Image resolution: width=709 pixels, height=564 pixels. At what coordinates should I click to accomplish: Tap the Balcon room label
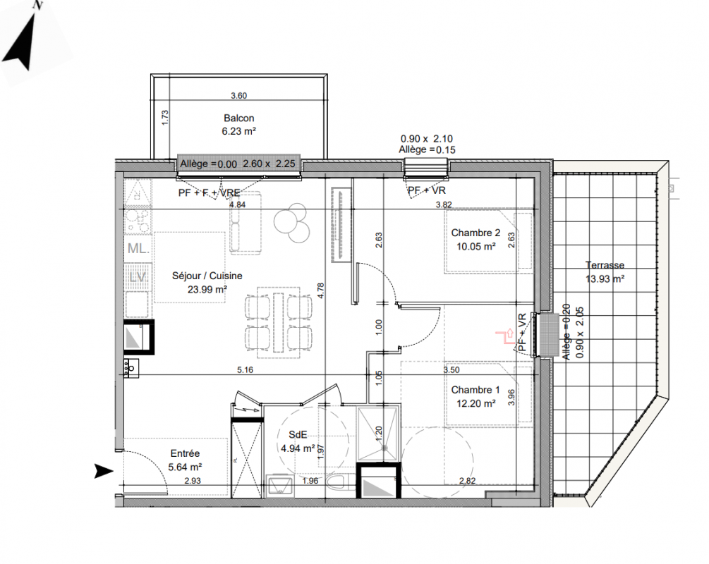[238, 118]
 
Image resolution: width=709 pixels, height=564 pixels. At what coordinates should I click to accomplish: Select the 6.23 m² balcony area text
[238, 132]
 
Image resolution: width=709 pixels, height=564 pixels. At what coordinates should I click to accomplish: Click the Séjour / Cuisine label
[207, 276]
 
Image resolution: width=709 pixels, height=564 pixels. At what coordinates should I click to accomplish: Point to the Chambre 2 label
[475, 233]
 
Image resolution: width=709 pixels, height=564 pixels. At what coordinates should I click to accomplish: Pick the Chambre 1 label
[475, 390]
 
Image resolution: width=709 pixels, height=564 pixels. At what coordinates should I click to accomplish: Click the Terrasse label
[605, 265]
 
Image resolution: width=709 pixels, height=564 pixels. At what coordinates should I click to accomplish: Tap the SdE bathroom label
[298, 435]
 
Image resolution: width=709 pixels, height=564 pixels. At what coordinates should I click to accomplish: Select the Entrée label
[185, 453]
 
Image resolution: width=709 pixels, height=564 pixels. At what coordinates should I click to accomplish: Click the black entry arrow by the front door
[104, 471]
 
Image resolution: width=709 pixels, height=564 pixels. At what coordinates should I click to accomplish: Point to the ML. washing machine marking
[138, 248]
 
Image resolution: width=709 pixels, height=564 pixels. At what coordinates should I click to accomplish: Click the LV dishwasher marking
[138, 276]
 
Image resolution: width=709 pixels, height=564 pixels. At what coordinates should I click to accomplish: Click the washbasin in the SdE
[280, 485]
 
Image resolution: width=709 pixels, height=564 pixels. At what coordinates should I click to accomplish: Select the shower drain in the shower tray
[384, 448]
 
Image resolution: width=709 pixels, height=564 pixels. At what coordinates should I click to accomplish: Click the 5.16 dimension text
[245, 370]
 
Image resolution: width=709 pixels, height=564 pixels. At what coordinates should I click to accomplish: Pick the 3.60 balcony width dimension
[238, 96]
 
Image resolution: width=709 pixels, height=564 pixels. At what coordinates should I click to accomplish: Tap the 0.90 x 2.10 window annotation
[426, 139]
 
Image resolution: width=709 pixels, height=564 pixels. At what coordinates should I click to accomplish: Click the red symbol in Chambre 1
[506, 336]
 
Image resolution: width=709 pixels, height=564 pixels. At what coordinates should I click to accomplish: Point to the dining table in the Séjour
[279, 321]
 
